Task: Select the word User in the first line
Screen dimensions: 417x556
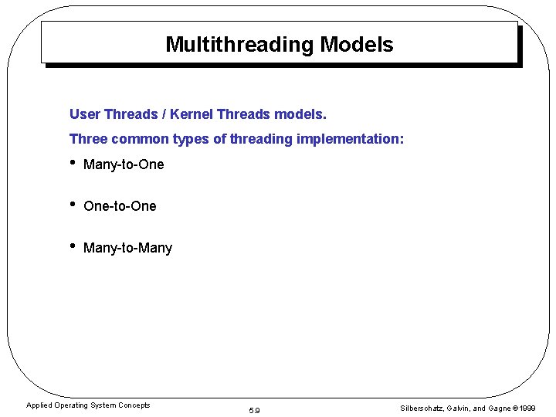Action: coord(85,114)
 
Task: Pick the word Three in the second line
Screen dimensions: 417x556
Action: coord(88,139)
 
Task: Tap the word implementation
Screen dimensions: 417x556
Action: coord(350,139)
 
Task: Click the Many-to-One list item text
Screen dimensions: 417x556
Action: coord(124,164)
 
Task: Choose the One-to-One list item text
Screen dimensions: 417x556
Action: coord(120,206)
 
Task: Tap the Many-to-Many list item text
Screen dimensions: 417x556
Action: coord(127,248)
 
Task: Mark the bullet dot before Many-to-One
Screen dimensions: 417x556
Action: coord(73,163)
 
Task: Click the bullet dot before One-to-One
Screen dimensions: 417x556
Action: coord(73,205)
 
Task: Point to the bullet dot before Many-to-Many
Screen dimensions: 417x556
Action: coord(73,246)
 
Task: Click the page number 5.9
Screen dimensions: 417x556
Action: coord(255,410)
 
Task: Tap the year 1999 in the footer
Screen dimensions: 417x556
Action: coord(527,408)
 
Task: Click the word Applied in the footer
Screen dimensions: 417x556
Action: coord(38,405)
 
